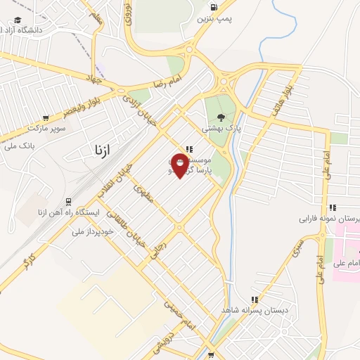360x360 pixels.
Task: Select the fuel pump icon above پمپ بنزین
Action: pyautogui.click(x=213, y=8)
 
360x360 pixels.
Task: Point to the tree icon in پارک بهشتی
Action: pyautogui.click(x=222, y=118)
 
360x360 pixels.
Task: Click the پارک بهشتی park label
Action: pyautogui.click(x=221, y=129)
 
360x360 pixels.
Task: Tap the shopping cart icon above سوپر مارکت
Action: pyautogui.click(x=46, y=118)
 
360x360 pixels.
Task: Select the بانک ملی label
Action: pyautogui.click(x=19, y=146)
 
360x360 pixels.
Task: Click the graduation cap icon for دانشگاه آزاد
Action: pyautogui.click(x=17, y=20)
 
